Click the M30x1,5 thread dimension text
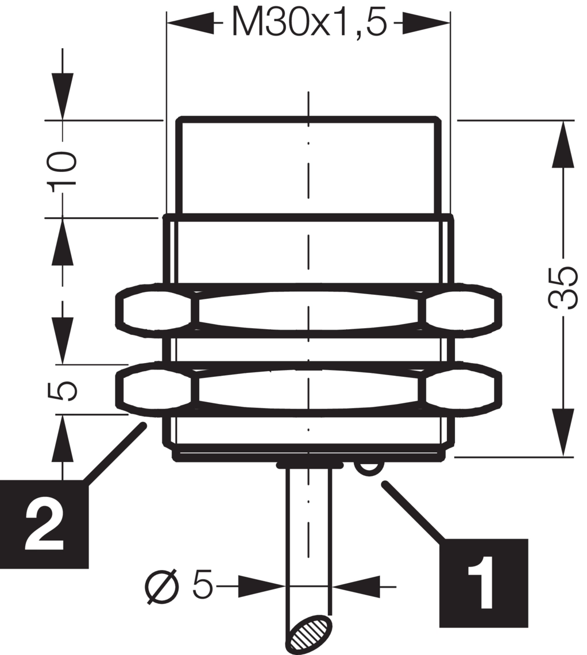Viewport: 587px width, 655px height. coord(309,22)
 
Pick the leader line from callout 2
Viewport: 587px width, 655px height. coord(115,454)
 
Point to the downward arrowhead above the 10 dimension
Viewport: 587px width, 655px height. coord(63,97)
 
